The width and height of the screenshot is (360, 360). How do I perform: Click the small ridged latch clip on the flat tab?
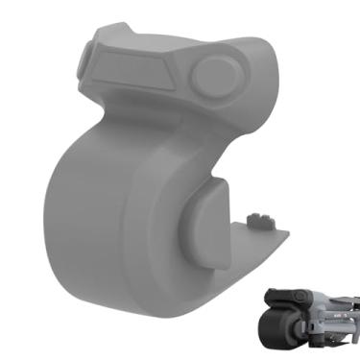pyautogui.click(x=258, y=220)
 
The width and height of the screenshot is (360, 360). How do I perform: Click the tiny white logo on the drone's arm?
pyautogui.click(x=338, y=313)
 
